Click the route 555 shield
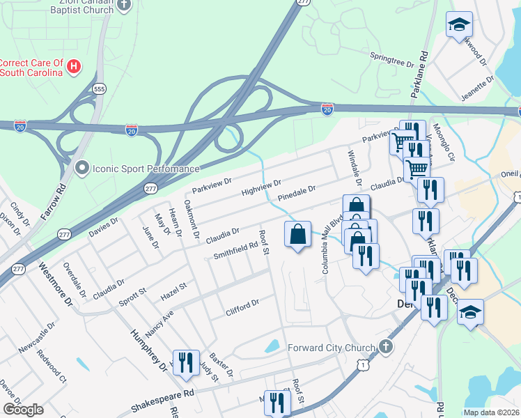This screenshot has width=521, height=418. point(99,88)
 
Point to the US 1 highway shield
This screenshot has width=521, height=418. point(361,364)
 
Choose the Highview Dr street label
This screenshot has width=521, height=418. point(260,187)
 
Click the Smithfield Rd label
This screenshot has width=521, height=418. point(235,249)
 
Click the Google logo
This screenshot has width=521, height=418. point(23,410)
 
